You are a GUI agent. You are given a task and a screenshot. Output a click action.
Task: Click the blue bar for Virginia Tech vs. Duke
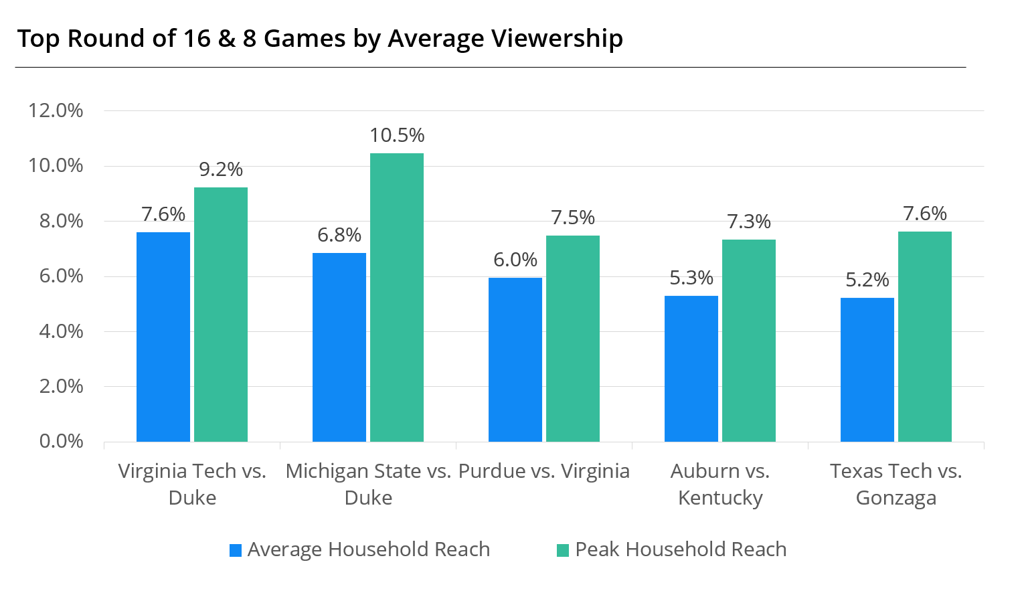[163, 337]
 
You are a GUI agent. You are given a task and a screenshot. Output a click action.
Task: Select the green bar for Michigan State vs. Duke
[397, 297]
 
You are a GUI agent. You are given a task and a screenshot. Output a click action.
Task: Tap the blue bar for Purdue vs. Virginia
[515, 359]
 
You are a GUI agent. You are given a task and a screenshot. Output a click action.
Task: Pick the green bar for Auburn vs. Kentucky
[749, 340]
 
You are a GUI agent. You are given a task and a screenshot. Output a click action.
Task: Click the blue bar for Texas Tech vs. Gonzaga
[867, 369]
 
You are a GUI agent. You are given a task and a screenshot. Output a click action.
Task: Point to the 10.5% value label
[397, 135]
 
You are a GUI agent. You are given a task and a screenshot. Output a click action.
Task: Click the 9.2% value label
[221, 169]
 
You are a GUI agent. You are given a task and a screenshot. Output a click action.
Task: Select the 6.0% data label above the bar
[515, 260]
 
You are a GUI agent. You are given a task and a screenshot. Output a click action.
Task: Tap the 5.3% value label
[691, 278]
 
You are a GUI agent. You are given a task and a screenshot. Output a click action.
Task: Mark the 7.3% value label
[749, 222]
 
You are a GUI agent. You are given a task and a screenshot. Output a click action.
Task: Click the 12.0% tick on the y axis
[56, 110]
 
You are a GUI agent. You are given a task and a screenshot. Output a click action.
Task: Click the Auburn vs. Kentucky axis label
[720, 484]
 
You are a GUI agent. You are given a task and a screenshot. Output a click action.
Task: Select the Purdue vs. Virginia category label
[544, 471]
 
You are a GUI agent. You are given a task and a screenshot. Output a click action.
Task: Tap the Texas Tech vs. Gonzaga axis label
[896, 484]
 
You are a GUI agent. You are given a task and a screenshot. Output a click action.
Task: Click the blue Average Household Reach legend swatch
[236, 550]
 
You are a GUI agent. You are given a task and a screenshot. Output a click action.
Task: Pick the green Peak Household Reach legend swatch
[563, 550]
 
